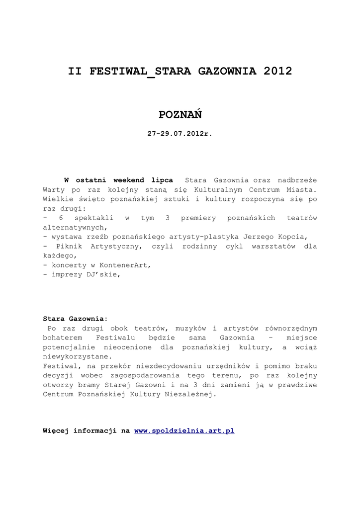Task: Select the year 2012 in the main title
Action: (x=277, y=71)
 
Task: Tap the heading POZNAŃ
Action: (x=180, y=115)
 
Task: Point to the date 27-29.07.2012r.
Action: (x=180, y=134)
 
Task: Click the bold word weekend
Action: (x=129, y=180)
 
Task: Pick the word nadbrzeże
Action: (x=297, y=180)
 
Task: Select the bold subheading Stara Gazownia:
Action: (x=75, y=319)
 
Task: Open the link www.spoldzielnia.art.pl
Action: (x=184, y=431)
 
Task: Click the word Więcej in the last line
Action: (x=56, y=431)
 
